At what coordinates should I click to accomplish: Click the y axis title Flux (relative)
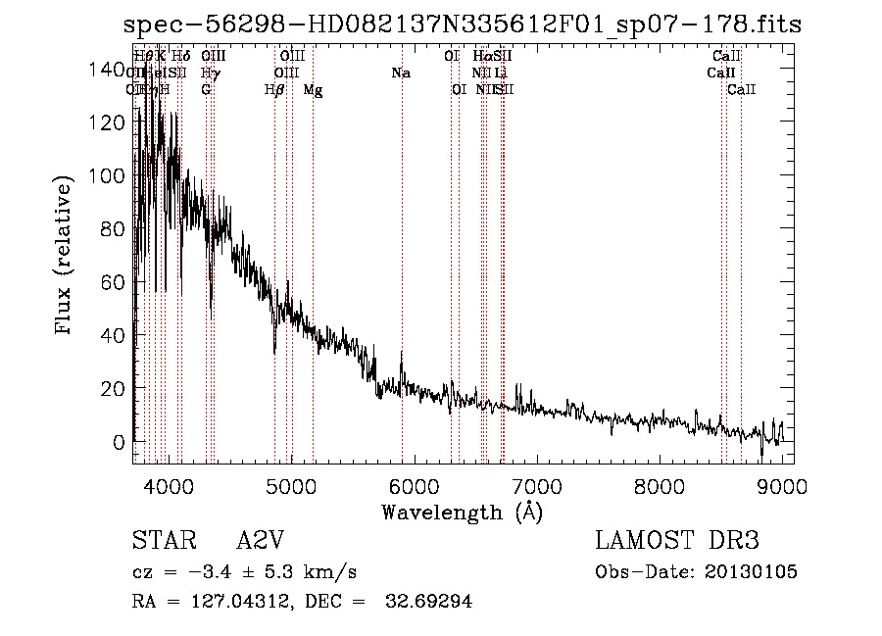tap(66, 256)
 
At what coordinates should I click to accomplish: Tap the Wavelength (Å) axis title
tap(462, 512)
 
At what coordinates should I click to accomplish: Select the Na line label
tap(400, 73)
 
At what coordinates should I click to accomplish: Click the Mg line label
tap(313, 90)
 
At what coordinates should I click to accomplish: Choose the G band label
tap(206, 90)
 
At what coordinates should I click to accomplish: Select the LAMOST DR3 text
tap(677, 541)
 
